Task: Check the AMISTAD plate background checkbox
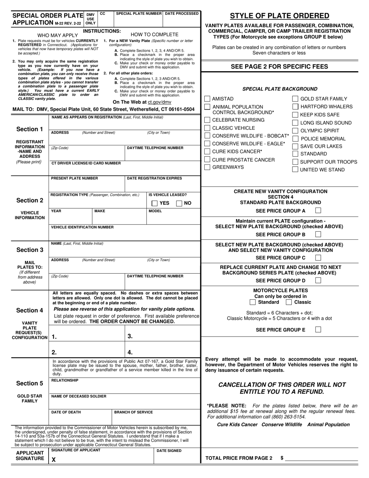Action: (207, 99)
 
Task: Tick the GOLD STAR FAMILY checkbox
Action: (295, 99)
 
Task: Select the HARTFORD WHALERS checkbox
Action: (295, 106)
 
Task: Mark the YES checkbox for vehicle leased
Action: (155, 203)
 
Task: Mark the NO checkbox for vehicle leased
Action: (179, 203)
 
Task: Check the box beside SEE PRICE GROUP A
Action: (318, 211)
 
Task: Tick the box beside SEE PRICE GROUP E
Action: (318, 330)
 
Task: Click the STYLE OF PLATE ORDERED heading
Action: (279, 16)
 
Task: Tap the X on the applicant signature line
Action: (54, 459)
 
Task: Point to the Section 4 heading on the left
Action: (30, 310)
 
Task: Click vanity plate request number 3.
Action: (130, 337)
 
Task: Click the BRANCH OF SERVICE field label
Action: (133, 412)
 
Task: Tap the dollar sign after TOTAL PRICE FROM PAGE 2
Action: (282, 458)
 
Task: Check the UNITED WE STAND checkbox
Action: (295, 169)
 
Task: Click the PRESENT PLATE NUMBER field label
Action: (75, 178)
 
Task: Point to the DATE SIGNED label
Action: (169, 451)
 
